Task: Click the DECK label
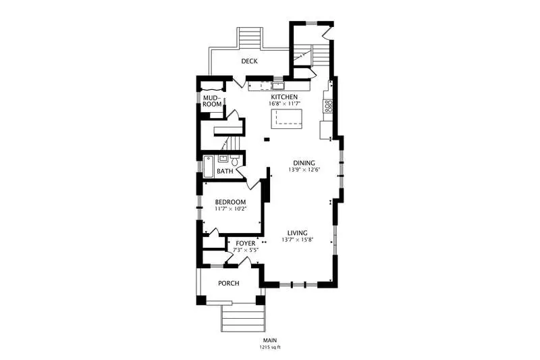tap(249, 61)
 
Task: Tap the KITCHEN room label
tap(284, 97)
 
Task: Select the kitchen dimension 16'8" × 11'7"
tap(285, 103)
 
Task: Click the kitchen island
tap(286, 119)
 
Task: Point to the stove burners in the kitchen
tap(328, 106)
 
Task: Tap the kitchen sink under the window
tap(277, 85)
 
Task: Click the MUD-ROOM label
tap(212, 101)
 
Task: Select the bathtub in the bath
tap(208, 167)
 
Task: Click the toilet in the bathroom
tap(235, 160)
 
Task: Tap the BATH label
tap(225, 171)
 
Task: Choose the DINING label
tap(304, 163)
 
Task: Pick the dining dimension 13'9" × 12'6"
tap(304, 170)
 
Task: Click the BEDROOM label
tap(230, 202)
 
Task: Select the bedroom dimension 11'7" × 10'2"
tap(231, 209)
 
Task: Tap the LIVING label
tap(298, 233)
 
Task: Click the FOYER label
tap(246, 244)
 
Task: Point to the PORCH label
tap(229, 284)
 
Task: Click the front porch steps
tap(243, 318)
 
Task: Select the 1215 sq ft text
tap(270, 347)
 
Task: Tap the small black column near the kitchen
tap(267, 139)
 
